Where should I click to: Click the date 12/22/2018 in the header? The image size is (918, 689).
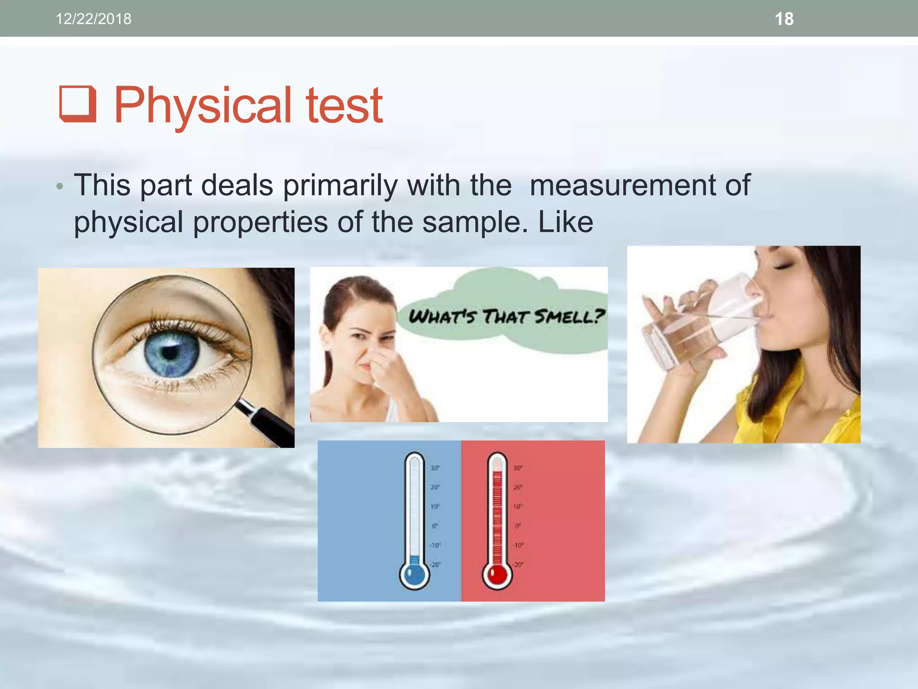[x=93, y=19]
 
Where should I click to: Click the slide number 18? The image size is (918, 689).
[x=784, y=19]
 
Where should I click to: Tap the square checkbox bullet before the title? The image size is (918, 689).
[x=78, y=104]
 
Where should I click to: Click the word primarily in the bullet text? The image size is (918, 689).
[x=340, y=186]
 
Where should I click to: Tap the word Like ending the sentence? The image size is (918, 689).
[x=566, y=222]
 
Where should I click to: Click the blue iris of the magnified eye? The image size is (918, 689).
[x=172, y=352]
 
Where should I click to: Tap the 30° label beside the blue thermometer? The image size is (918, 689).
[x=435, y=468]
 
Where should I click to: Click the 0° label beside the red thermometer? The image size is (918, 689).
[x=518, y=526]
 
